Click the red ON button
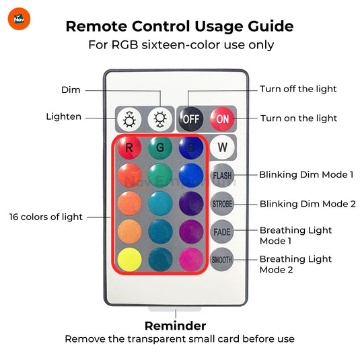222,119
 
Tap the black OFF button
191,119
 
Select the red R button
129,147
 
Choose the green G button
160,147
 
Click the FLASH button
222,176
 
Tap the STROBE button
222,204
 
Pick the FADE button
222,231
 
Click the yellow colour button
129,260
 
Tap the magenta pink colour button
191,260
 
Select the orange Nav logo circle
19,19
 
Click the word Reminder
176,326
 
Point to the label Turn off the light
298,89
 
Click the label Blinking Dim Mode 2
308,204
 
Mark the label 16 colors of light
46,217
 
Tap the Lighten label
64,116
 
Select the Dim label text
71,89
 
